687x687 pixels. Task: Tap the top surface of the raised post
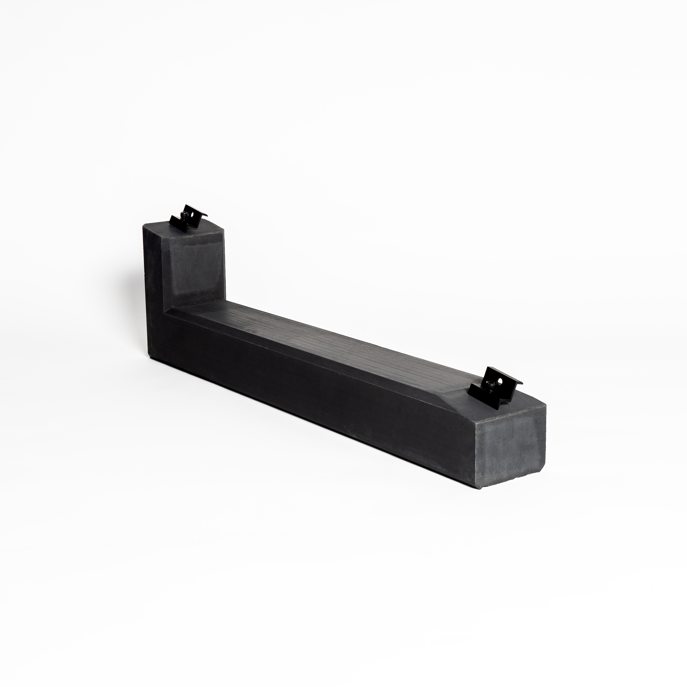(192, 229)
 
